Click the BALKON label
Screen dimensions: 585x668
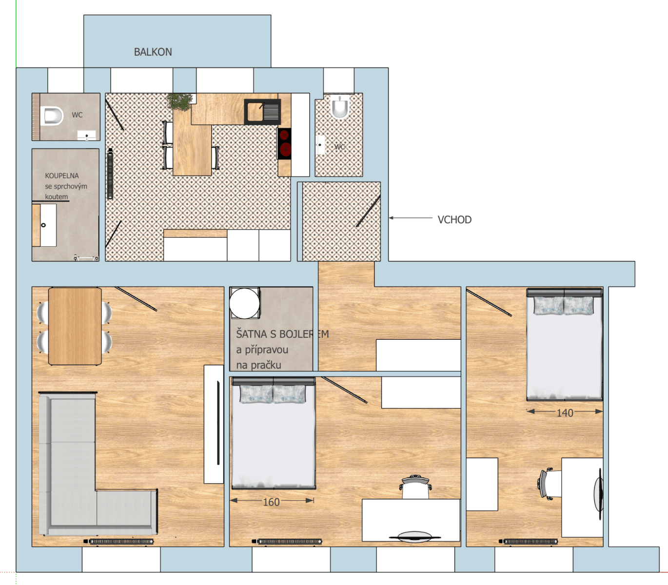coord(153,52)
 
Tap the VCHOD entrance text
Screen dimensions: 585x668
coord(454,220)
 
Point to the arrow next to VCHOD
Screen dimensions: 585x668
coord(410,218)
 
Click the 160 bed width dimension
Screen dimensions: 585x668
coord(271,502)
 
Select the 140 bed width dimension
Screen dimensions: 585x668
coord(565,413)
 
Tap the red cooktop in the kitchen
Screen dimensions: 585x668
coord(285,143)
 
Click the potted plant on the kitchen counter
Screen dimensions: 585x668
coord(179,101)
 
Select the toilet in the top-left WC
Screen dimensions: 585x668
coord(53,116)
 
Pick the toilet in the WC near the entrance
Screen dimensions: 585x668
coord(340,107)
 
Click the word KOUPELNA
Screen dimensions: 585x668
coord(61,175)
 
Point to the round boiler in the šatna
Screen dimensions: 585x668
coord(245,303)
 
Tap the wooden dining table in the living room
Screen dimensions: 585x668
coord(75,326)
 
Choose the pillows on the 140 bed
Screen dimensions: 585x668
coord(564,306)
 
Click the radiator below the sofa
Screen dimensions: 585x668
coord(121,541)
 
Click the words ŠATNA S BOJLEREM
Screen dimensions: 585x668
coord(282,334)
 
